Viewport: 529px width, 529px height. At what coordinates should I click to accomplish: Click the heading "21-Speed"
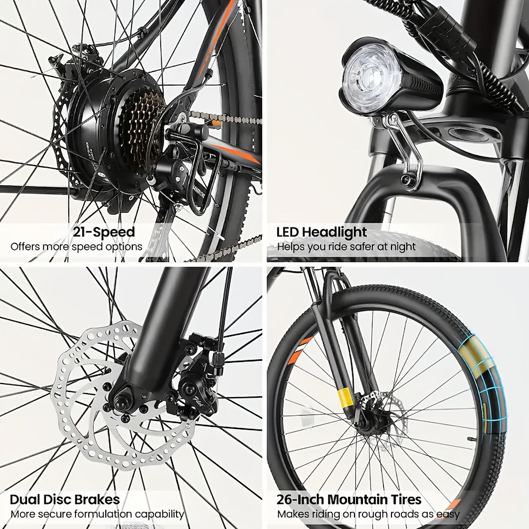click(x=104, y=232)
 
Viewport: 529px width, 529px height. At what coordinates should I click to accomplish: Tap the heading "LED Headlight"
click(x=322, y=232)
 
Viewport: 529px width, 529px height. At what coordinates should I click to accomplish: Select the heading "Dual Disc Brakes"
click(x=65, y=499)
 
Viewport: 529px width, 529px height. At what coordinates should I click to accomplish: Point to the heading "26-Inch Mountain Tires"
click(x=349, y=499)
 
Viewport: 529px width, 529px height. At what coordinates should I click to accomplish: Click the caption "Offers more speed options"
click(x=77, y=247)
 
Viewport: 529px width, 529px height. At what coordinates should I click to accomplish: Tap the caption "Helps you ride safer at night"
click(x=346, y=247)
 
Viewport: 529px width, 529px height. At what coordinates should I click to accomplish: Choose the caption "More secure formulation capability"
click(x=97, y=514)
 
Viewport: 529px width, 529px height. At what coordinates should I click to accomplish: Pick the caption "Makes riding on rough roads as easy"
click(x=368, y=514)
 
